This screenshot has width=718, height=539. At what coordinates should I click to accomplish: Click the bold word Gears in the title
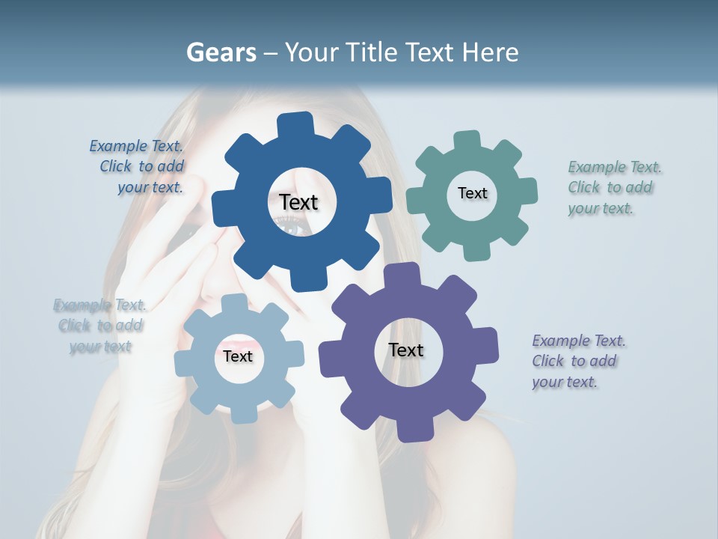[x=221, y=52]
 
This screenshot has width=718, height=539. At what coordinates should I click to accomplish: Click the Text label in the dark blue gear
[x=298, y=202]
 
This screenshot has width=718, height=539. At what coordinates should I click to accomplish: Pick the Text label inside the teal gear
[x=472, y=193]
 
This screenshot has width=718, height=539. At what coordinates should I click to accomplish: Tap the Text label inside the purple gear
[x=406, y=350]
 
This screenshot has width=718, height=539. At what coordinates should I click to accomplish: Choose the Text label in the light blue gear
[x=238, y=356]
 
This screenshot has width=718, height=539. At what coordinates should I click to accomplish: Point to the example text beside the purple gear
[x=577, y=361]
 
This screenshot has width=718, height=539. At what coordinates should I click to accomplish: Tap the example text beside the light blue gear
[x=99, y=326]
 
